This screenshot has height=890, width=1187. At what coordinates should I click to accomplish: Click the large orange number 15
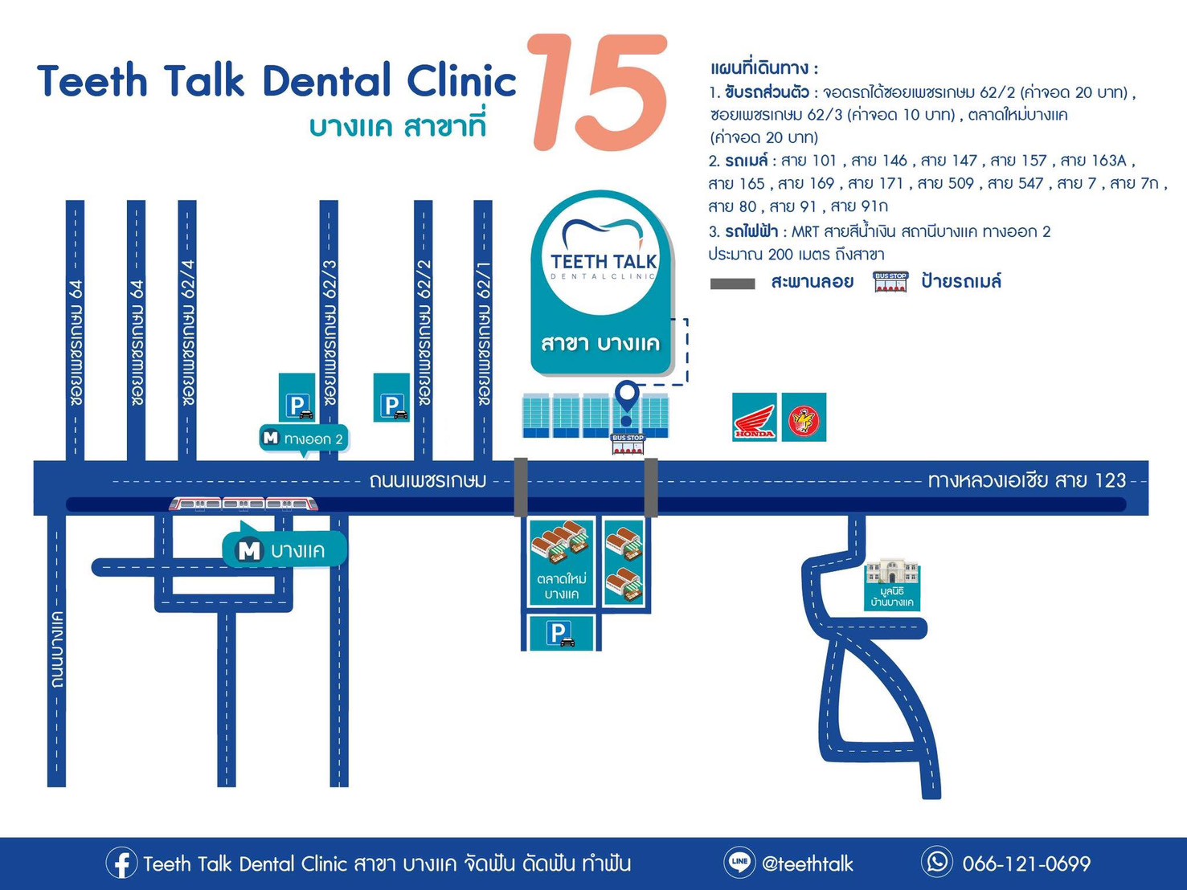point(598,92)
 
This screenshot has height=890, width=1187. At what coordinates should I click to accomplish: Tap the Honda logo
point(755,417)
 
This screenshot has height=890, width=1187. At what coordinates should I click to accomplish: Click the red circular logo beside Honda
point(804,417)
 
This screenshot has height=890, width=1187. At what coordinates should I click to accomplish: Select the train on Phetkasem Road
point(244,504)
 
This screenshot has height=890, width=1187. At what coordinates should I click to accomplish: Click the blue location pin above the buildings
point(627,402)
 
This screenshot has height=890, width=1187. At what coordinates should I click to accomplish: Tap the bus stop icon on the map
point(628,444)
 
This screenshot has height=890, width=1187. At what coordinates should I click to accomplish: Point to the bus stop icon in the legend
point(890,281)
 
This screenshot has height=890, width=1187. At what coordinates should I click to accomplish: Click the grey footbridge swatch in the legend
point(732,284)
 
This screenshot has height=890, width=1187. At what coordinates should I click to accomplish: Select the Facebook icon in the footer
point(121,863)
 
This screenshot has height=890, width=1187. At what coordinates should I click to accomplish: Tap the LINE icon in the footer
point(739,862)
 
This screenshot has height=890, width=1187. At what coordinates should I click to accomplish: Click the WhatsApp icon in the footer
point(936,862)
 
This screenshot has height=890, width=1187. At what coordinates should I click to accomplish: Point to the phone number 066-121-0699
point(1026,863)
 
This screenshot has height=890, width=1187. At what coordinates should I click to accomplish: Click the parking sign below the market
point(561,633)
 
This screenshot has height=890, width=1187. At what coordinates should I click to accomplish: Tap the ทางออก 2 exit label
point(304,439)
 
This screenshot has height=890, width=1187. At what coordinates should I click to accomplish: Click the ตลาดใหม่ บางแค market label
point(561,586)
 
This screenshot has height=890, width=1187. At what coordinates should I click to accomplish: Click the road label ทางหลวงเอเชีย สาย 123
point(1027,480)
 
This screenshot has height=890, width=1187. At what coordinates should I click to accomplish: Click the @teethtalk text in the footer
point(808,863)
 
